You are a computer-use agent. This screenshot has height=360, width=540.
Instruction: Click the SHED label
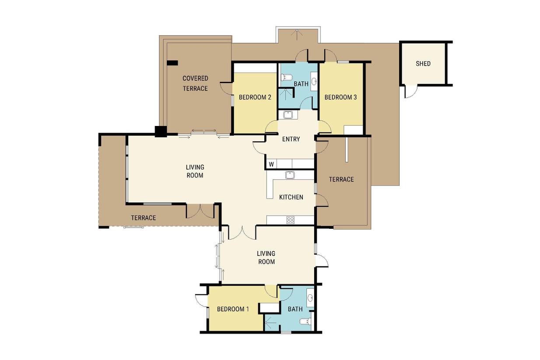[423, 63]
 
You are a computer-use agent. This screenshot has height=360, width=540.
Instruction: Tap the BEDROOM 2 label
[255, 98]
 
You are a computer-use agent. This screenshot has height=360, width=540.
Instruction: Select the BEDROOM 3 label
[340, 98]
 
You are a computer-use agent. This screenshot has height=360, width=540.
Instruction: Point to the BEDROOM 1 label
[233, 309]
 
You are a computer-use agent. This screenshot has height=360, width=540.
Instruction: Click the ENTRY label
[291, 139]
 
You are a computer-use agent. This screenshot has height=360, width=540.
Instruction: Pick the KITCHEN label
[291, 197]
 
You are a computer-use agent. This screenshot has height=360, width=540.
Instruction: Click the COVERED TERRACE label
[195, 84]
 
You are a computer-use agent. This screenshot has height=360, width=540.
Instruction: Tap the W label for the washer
[271, 164]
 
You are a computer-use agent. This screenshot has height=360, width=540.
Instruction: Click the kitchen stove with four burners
[291, 220]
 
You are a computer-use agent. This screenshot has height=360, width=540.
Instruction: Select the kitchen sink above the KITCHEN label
[290, 175]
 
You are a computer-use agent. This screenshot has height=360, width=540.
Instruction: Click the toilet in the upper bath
[286, 77]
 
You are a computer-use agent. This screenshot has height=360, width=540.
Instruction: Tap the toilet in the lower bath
[305, 321]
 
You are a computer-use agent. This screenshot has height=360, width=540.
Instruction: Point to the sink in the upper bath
[314, 81]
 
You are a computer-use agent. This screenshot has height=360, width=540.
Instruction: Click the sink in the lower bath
[310, 298]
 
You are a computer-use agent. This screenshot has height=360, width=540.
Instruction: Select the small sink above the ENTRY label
[288, 115]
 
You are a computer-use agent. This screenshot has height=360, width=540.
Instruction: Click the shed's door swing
[411, 92]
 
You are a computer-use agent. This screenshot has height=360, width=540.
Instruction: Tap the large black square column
[161, 132]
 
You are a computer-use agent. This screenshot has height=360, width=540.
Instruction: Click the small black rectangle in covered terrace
[172, 63]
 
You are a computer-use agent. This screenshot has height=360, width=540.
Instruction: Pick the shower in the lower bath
[272, 323]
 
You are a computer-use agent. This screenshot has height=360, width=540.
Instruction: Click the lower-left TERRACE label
[144, 218]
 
